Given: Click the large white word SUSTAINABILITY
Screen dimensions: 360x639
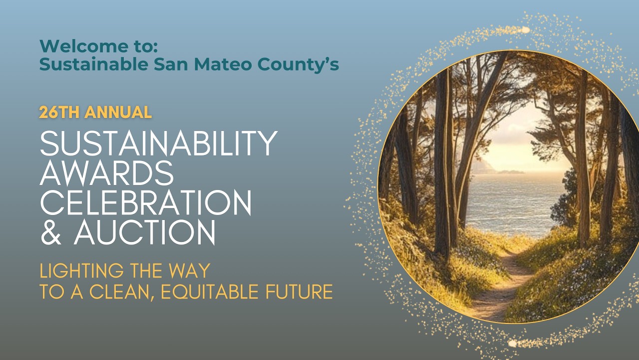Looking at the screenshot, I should click(158, 143).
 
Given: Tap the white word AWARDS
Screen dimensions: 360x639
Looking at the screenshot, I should click(107, 172).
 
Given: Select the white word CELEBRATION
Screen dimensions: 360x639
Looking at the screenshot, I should click(145, 202).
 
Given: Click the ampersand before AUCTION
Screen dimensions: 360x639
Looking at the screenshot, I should click(50, 232).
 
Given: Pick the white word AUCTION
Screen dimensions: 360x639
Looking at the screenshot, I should click(145, 232).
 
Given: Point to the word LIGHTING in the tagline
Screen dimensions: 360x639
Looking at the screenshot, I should click(81, 271).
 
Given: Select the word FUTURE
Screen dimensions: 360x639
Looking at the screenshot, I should click(303, 291).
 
